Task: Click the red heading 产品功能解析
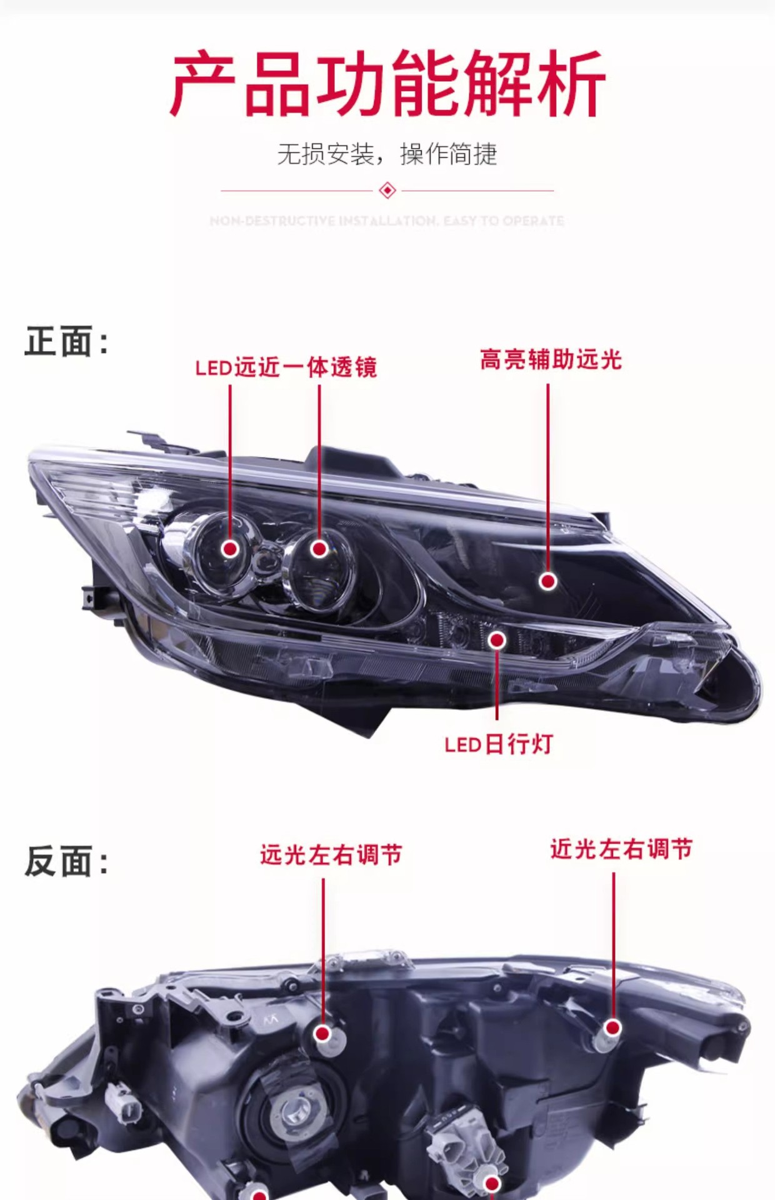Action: (x=387, y=84)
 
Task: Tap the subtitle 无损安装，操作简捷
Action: (x=387, y=154)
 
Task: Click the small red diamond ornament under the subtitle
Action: (x=387, y=190)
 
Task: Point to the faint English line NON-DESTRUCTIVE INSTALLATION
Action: (x=387, y=221)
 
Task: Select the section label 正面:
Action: (x=66, y=342)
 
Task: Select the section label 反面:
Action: (x=66, y=862)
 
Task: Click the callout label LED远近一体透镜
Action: (x=286, y=367)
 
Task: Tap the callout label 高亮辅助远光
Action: (x=551, y=360)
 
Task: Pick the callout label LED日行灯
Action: (x=499, y=744)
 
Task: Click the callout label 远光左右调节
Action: (x=331, y=855)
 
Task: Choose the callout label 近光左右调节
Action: (x=621, y=849)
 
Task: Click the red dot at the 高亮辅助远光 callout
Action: (x=548, y=581)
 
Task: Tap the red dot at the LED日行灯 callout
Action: (x=497, y=640)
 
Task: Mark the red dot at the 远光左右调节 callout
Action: (x=323, y=1034)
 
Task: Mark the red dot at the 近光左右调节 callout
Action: (x=613, y=1027)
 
